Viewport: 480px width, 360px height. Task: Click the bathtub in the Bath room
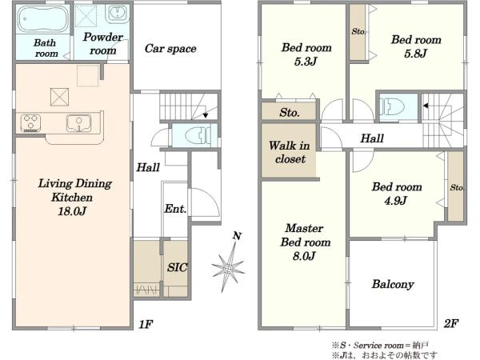point(43,19)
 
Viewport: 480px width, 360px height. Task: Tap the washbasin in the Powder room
point(117,14)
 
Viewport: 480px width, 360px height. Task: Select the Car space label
point(170,48)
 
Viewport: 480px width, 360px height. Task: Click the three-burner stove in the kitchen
point(30,123)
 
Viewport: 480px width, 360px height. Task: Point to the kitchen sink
point(78,123)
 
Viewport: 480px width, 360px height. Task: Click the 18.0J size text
point(72,211)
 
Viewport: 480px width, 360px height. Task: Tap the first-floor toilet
point(198,135)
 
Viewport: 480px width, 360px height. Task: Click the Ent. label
point(175,209)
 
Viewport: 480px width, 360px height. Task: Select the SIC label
point(177,267)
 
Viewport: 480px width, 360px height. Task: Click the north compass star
point(228,268)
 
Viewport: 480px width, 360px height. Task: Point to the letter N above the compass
point(237,236)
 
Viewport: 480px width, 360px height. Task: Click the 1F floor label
point(146,324)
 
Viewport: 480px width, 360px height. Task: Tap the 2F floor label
point(451,323)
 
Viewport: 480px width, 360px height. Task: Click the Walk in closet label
point(290,152)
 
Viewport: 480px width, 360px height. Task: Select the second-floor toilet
point(393,106)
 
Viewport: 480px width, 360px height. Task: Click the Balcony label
point(393,284)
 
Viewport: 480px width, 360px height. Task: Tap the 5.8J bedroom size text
point(415,54)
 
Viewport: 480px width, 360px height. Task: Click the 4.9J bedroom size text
point(395,201)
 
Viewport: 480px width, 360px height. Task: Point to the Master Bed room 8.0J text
point(305,242)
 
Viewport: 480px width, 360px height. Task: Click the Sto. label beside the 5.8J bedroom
point(358,31)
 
